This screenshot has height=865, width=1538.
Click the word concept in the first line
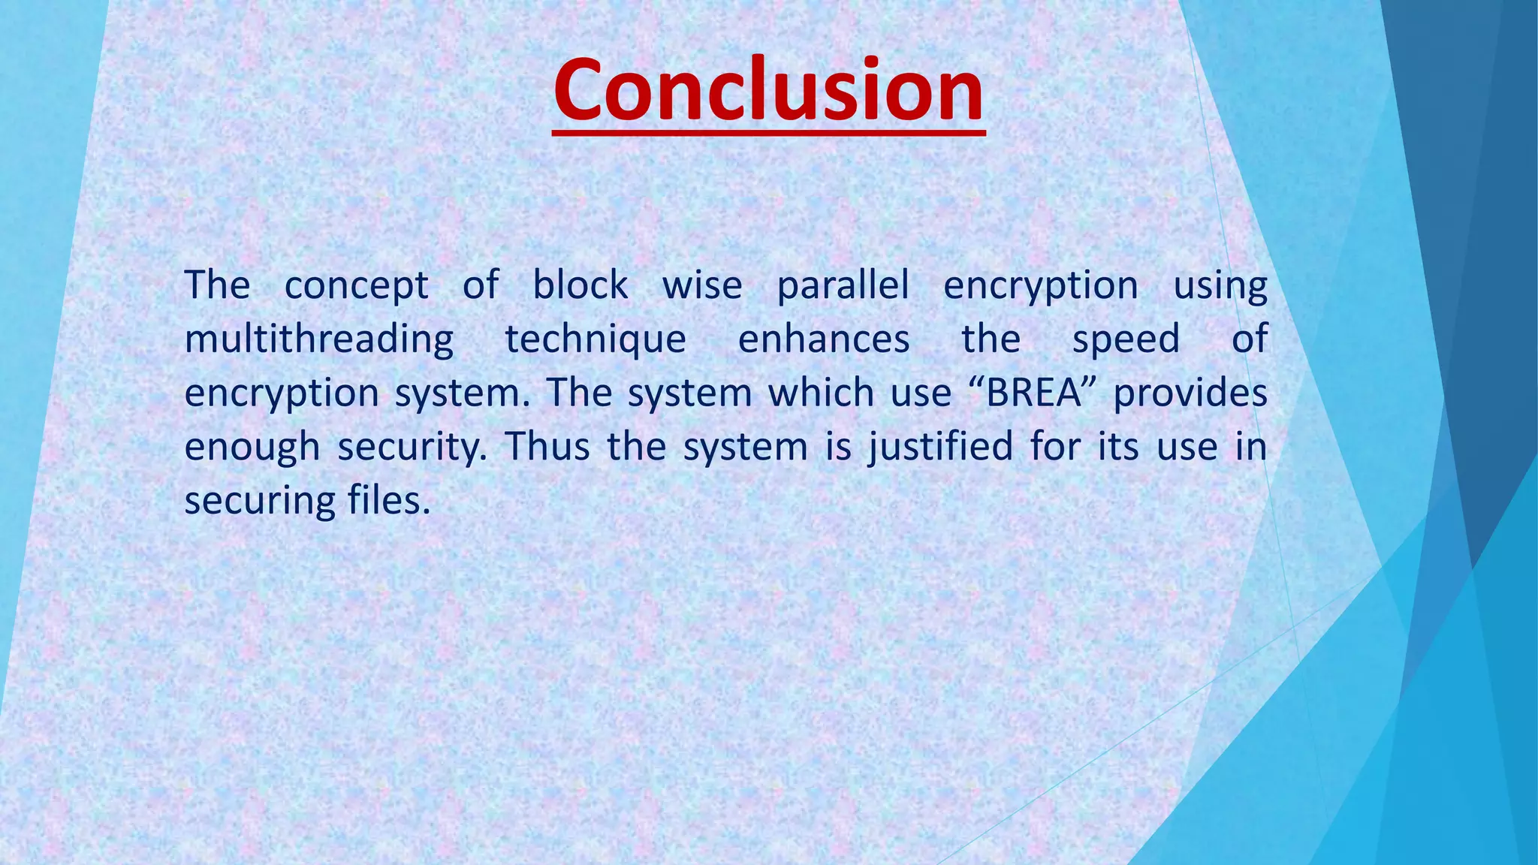356,286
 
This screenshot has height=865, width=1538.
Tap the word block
580,285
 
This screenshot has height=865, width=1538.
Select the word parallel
843,286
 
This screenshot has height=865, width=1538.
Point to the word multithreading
319,339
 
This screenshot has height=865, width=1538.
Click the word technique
596,339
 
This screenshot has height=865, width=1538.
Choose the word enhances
824,339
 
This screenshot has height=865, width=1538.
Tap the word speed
1126,339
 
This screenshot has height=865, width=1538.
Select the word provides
1190,393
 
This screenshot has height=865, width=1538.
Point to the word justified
941,447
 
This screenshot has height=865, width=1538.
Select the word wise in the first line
701,285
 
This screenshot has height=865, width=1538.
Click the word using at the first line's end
1220,286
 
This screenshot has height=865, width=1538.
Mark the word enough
252,447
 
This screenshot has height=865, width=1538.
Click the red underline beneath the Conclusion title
768,133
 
